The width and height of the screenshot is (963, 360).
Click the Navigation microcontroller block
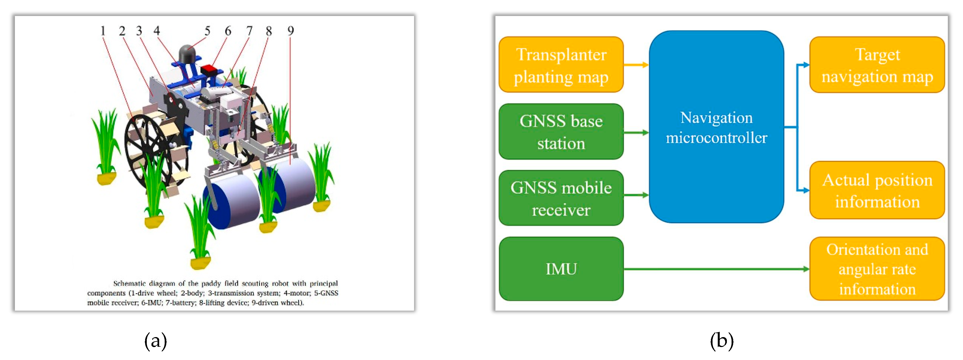tap(716, 127)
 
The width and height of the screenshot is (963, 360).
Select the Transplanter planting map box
tap(561, 65)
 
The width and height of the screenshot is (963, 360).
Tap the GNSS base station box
tap(561, 132)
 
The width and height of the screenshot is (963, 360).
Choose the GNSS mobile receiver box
tap(561, 198)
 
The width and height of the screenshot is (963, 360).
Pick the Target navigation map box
tap(877, 65)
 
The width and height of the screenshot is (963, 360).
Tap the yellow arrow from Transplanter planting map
tap(636, 65)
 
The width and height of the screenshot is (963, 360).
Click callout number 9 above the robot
tap(290, 31)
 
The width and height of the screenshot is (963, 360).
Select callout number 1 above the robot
tap(103, 31)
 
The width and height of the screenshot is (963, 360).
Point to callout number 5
tap(207, 31)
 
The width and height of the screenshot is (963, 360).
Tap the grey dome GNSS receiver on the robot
tap(187, 54)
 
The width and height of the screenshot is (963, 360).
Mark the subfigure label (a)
tap(156, 341)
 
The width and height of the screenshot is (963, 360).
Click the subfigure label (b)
tap(722, 341)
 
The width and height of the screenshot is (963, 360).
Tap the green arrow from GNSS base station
tap(636, 132)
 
